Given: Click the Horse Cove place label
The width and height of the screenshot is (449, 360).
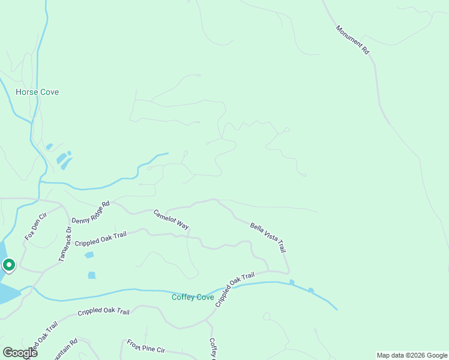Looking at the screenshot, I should click(37, 92).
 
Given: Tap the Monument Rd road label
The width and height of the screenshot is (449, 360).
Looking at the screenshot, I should click(352, 40).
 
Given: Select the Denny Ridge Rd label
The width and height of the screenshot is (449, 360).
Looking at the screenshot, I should click(91, 212).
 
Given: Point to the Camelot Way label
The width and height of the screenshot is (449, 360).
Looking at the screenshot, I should click(171, 220).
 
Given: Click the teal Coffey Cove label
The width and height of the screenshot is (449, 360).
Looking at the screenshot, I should click(193, 297).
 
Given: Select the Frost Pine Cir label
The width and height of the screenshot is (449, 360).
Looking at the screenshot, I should click(146, 347).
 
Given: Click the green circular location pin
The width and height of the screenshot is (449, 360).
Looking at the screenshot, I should click(9, 264).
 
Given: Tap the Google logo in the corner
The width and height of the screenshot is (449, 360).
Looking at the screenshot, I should click(20, 352).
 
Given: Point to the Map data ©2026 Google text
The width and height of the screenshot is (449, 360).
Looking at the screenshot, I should click(412, 355).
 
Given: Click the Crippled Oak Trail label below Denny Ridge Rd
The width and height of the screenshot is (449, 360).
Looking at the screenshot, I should click(101, 239).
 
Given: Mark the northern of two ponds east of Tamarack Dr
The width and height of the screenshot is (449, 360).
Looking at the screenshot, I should click(89, 255).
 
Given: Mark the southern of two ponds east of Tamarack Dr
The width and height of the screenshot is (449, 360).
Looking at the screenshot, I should click(92, 275).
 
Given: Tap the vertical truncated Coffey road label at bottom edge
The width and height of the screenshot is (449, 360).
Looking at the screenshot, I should click(212, 349).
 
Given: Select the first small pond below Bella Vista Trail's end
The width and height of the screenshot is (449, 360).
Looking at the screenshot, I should click(292, 282).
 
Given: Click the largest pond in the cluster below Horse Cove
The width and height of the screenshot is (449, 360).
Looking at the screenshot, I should click(62, 158).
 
